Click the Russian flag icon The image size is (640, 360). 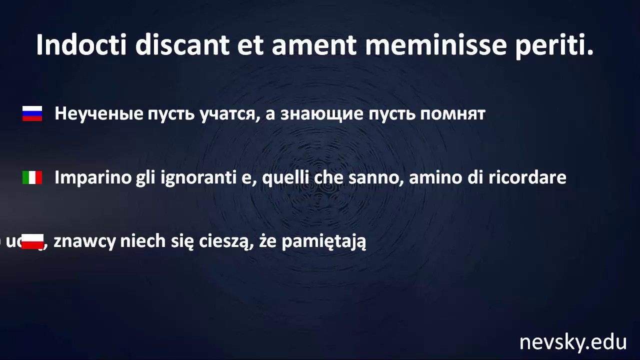tap(32, 113)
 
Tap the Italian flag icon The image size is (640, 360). tap(32, 177)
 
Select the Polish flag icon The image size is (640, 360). tap(33, 241)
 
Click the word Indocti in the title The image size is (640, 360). tap(82, 45)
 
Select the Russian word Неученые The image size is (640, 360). tap(98, 114)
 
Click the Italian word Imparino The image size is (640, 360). tap(92, 177)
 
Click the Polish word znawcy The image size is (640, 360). tap(84, 241)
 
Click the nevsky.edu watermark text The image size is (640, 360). tap(572, 342)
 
